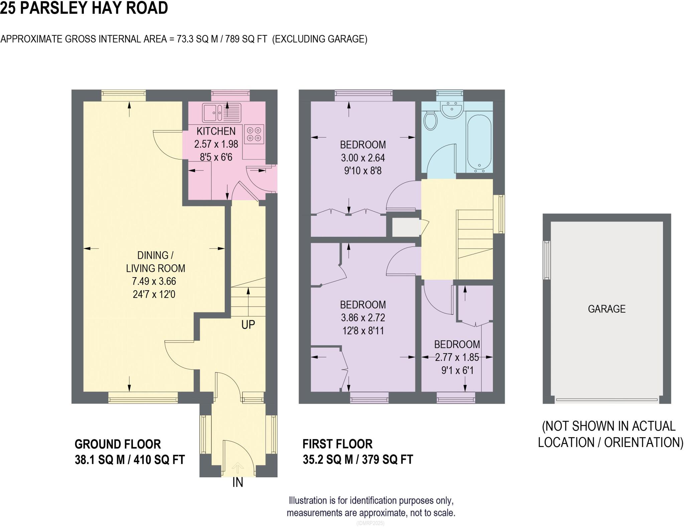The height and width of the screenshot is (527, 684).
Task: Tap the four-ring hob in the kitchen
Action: [254, 134]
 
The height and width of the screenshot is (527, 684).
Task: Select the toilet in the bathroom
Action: [430, 121]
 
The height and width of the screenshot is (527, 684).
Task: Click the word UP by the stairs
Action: [248, 325]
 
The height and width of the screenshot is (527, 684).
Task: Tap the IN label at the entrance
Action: [238, 482]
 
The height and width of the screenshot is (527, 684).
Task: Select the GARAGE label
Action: [607, 309]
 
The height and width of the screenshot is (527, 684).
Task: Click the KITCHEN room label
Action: [216, 131]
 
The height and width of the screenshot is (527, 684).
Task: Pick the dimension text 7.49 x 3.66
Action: [154, 281]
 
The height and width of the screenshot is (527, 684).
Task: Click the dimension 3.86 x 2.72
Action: [363, 318]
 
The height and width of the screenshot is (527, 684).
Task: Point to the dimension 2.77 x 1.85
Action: [457, 357]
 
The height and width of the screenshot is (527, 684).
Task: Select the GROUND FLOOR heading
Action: [118, 444]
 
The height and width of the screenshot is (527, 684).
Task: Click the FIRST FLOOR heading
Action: [337, 444]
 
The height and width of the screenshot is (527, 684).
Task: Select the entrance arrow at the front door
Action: [237, 467]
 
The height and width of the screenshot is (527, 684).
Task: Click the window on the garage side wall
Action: [546, 260]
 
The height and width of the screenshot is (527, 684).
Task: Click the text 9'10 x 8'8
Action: [363, 171]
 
